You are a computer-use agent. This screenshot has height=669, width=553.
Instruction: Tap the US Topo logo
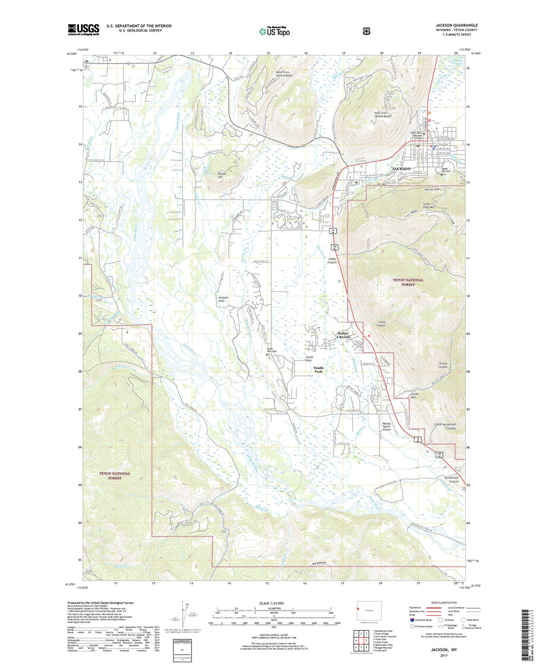275,31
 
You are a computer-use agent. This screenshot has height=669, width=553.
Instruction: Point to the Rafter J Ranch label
343,335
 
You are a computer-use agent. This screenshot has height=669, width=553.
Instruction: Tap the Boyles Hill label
222,175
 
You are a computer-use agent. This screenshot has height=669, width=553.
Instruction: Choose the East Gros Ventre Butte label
383,115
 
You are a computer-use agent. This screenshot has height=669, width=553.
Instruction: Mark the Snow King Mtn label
429,205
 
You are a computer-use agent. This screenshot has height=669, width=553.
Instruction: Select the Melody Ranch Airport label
387,426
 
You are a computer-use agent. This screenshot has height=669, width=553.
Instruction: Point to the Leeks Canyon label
332,260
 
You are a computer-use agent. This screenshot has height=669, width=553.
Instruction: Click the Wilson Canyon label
443,365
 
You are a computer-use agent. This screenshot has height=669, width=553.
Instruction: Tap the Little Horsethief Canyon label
445,426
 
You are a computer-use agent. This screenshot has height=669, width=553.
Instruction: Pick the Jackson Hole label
223,299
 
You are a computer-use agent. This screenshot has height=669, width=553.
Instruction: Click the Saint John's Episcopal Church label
416,135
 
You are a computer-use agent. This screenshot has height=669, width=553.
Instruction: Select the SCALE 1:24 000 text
271,603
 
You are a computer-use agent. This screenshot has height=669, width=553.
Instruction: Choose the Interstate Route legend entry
421,620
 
